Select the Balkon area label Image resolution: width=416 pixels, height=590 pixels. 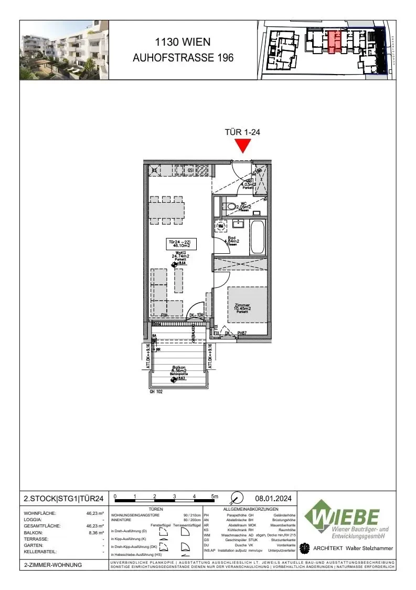coord(180,369)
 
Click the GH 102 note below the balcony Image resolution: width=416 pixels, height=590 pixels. coord(157,391)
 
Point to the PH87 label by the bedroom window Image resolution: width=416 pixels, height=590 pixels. coord(242,333)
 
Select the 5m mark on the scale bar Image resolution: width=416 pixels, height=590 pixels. coord(215,496)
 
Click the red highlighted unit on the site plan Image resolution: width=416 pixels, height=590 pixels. coord(334,42)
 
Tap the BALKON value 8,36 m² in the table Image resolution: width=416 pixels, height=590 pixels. coord(95,532)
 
